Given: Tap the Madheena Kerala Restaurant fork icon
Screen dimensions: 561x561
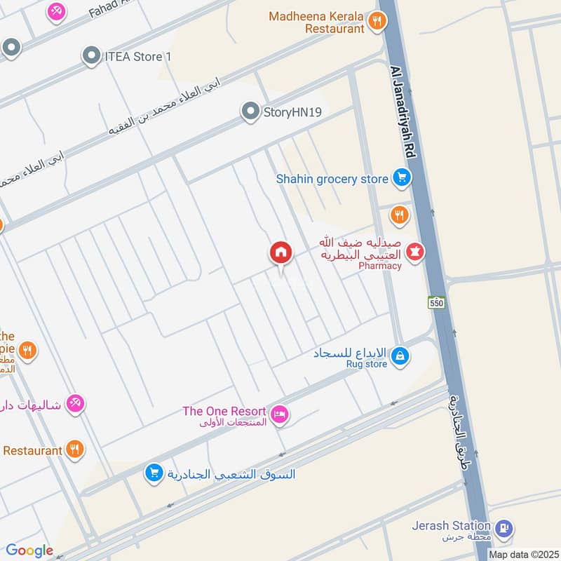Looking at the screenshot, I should [377, 22].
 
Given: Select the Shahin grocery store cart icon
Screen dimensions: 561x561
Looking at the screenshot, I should [401, 178].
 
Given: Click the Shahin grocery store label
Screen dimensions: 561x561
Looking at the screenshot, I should [332, 179].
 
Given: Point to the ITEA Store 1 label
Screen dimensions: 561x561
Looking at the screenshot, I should [139, 55].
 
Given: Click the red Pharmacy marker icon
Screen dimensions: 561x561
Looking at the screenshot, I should [415, 250].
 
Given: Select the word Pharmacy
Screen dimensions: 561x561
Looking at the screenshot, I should [379, 266].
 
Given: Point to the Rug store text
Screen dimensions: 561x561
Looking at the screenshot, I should [366, 364].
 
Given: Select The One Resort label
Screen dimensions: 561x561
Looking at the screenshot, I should [224, 411].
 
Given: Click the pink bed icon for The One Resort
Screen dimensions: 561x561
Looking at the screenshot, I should [280, 415].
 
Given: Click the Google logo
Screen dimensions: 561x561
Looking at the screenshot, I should [29, 550].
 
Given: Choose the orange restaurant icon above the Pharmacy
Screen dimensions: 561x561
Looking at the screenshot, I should [400, 215].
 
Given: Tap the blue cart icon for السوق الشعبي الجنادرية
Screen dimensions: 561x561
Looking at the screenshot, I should [154, 473].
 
